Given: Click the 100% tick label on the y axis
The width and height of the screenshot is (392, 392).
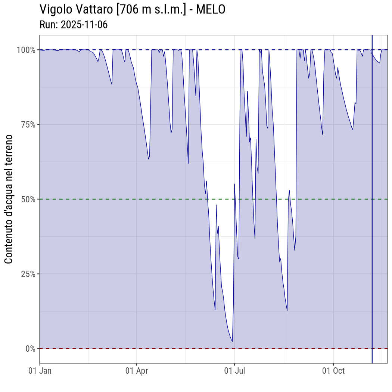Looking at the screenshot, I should tap(26, 50).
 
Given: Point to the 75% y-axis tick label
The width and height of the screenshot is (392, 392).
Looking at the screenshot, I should tap(27, 124).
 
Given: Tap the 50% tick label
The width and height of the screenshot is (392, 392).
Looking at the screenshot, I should tap(27, 199).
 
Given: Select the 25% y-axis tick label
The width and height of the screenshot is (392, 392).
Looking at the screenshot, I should tap(27, 274).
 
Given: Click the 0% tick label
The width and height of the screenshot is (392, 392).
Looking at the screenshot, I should tap(30, 349).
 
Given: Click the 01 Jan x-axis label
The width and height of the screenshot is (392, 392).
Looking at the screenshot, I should tap(40, 371).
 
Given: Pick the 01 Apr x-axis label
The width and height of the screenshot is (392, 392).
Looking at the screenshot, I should tap(137, 371).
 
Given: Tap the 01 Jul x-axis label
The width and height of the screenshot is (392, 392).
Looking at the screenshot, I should tap(234, 371).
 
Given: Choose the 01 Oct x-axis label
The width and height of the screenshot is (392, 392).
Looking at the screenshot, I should tap(333, 371).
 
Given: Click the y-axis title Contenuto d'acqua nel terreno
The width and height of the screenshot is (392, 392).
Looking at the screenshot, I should tap(9, 199).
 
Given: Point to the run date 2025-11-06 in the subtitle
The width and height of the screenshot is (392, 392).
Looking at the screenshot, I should tap(84, 25).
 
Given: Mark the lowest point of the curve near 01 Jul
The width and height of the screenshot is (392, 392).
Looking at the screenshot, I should tap(232, 341).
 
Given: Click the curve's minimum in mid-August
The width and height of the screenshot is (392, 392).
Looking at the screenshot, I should tap(287, 310).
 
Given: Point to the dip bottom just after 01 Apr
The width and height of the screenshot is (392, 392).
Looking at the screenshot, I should tap(149, 159).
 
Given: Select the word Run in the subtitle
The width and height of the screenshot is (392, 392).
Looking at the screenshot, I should tap(47, 25).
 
